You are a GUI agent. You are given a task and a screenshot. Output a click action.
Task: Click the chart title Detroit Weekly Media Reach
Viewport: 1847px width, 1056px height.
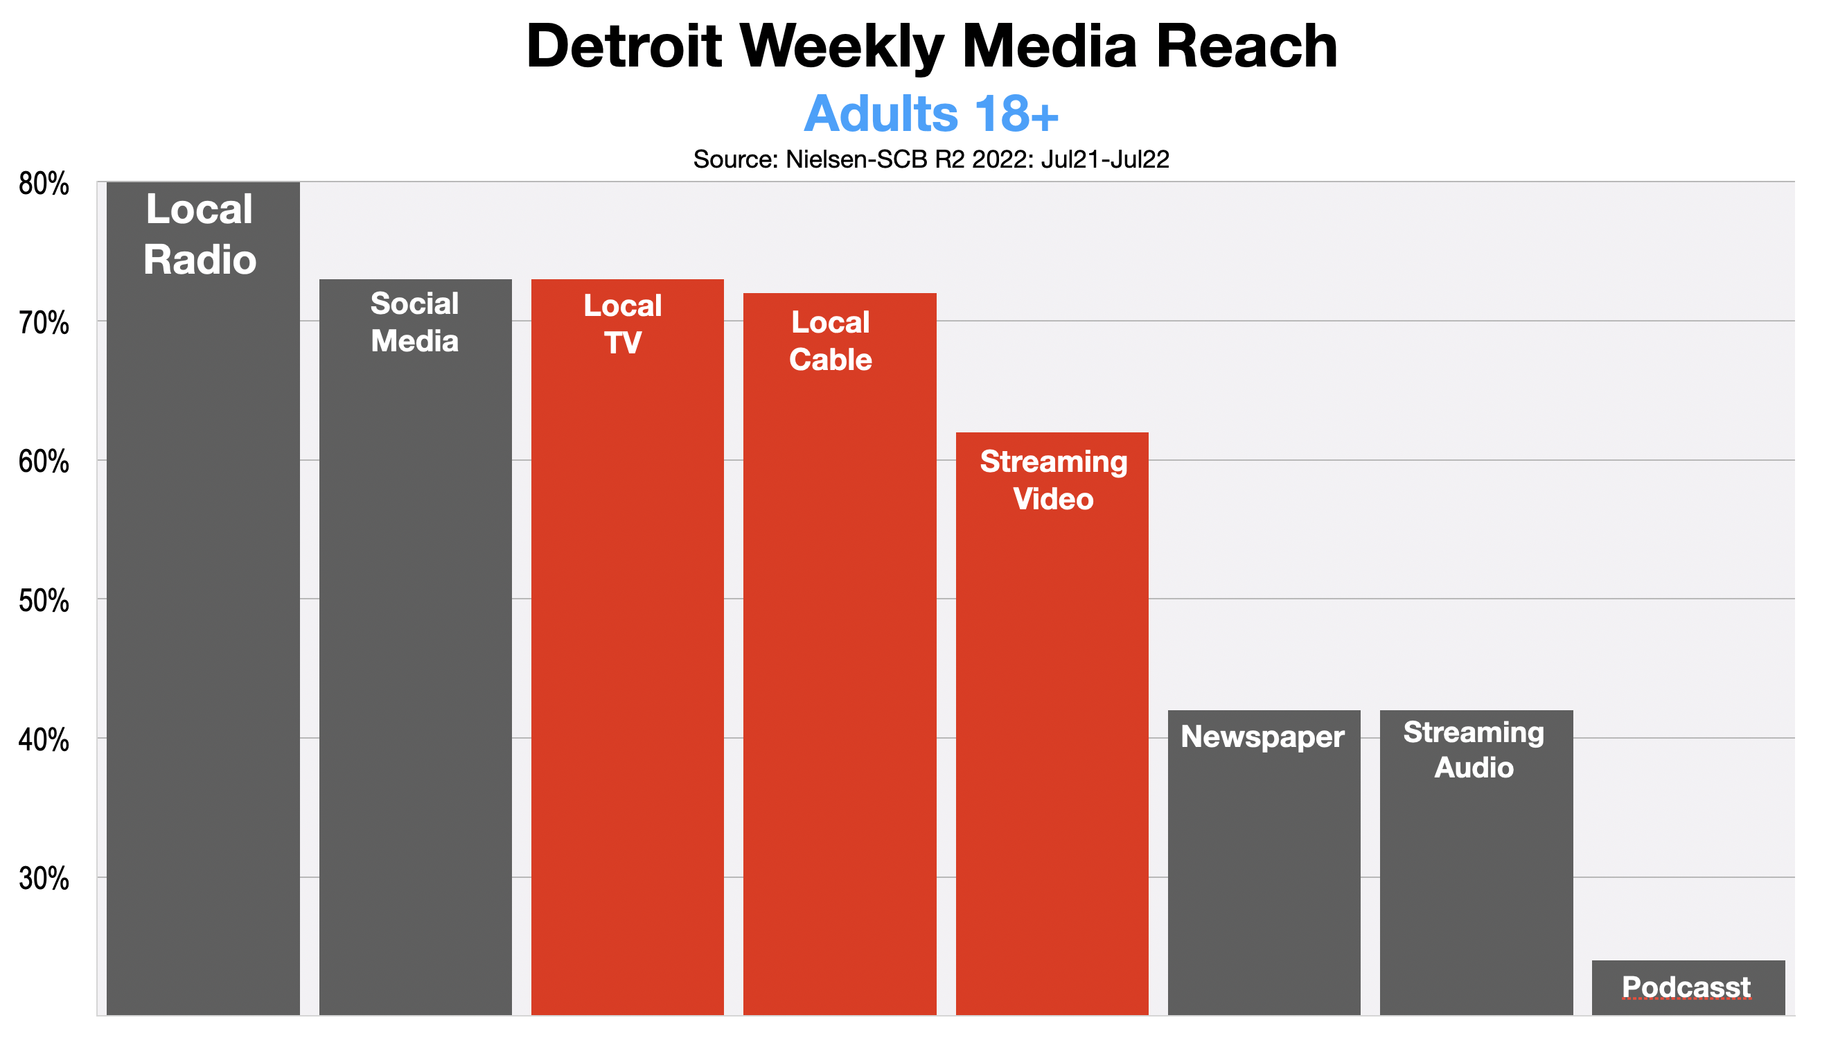[931, 46]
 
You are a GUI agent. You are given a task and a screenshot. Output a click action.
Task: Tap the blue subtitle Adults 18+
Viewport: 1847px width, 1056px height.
[931, 114]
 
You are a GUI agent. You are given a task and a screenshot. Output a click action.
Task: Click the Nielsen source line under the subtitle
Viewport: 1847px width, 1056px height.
[931, 159]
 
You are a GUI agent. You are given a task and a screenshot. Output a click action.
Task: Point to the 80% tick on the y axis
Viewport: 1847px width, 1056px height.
[44, 185]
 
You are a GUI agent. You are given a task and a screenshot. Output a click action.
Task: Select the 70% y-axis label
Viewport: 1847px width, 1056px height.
[44, 324]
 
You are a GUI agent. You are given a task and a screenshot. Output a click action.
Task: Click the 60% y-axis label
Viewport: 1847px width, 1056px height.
[44, 462]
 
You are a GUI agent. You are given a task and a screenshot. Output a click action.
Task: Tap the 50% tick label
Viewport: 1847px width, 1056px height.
[44, 601]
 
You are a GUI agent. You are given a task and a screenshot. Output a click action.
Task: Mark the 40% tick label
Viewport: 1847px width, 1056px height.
[44, 741]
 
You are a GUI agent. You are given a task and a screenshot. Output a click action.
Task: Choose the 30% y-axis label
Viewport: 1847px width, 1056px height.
[44, 879]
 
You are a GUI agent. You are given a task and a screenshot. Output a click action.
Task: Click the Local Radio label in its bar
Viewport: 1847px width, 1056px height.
[200, 234]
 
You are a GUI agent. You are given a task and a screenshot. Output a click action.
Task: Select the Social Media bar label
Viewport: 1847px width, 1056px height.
[415, 323]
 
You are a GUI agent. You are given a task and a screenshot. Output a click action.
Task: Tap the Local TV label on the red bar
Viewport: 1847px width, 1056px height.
[623, 324]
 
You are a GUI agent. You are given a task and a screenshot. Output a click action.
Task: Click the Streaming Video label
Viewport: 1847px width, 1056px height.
[1053, 480]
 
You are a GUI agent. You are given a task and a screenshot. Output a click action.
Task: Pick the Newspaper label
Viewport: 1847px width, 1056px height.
[1262, 737]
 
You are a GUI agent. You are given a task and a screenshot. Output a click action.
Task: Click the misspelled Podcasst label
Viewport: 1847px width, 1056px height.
[1686, 987]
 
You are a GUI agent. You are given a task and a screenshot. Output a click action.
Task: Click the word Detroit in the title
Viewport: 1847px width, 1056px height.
[624, 46]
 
